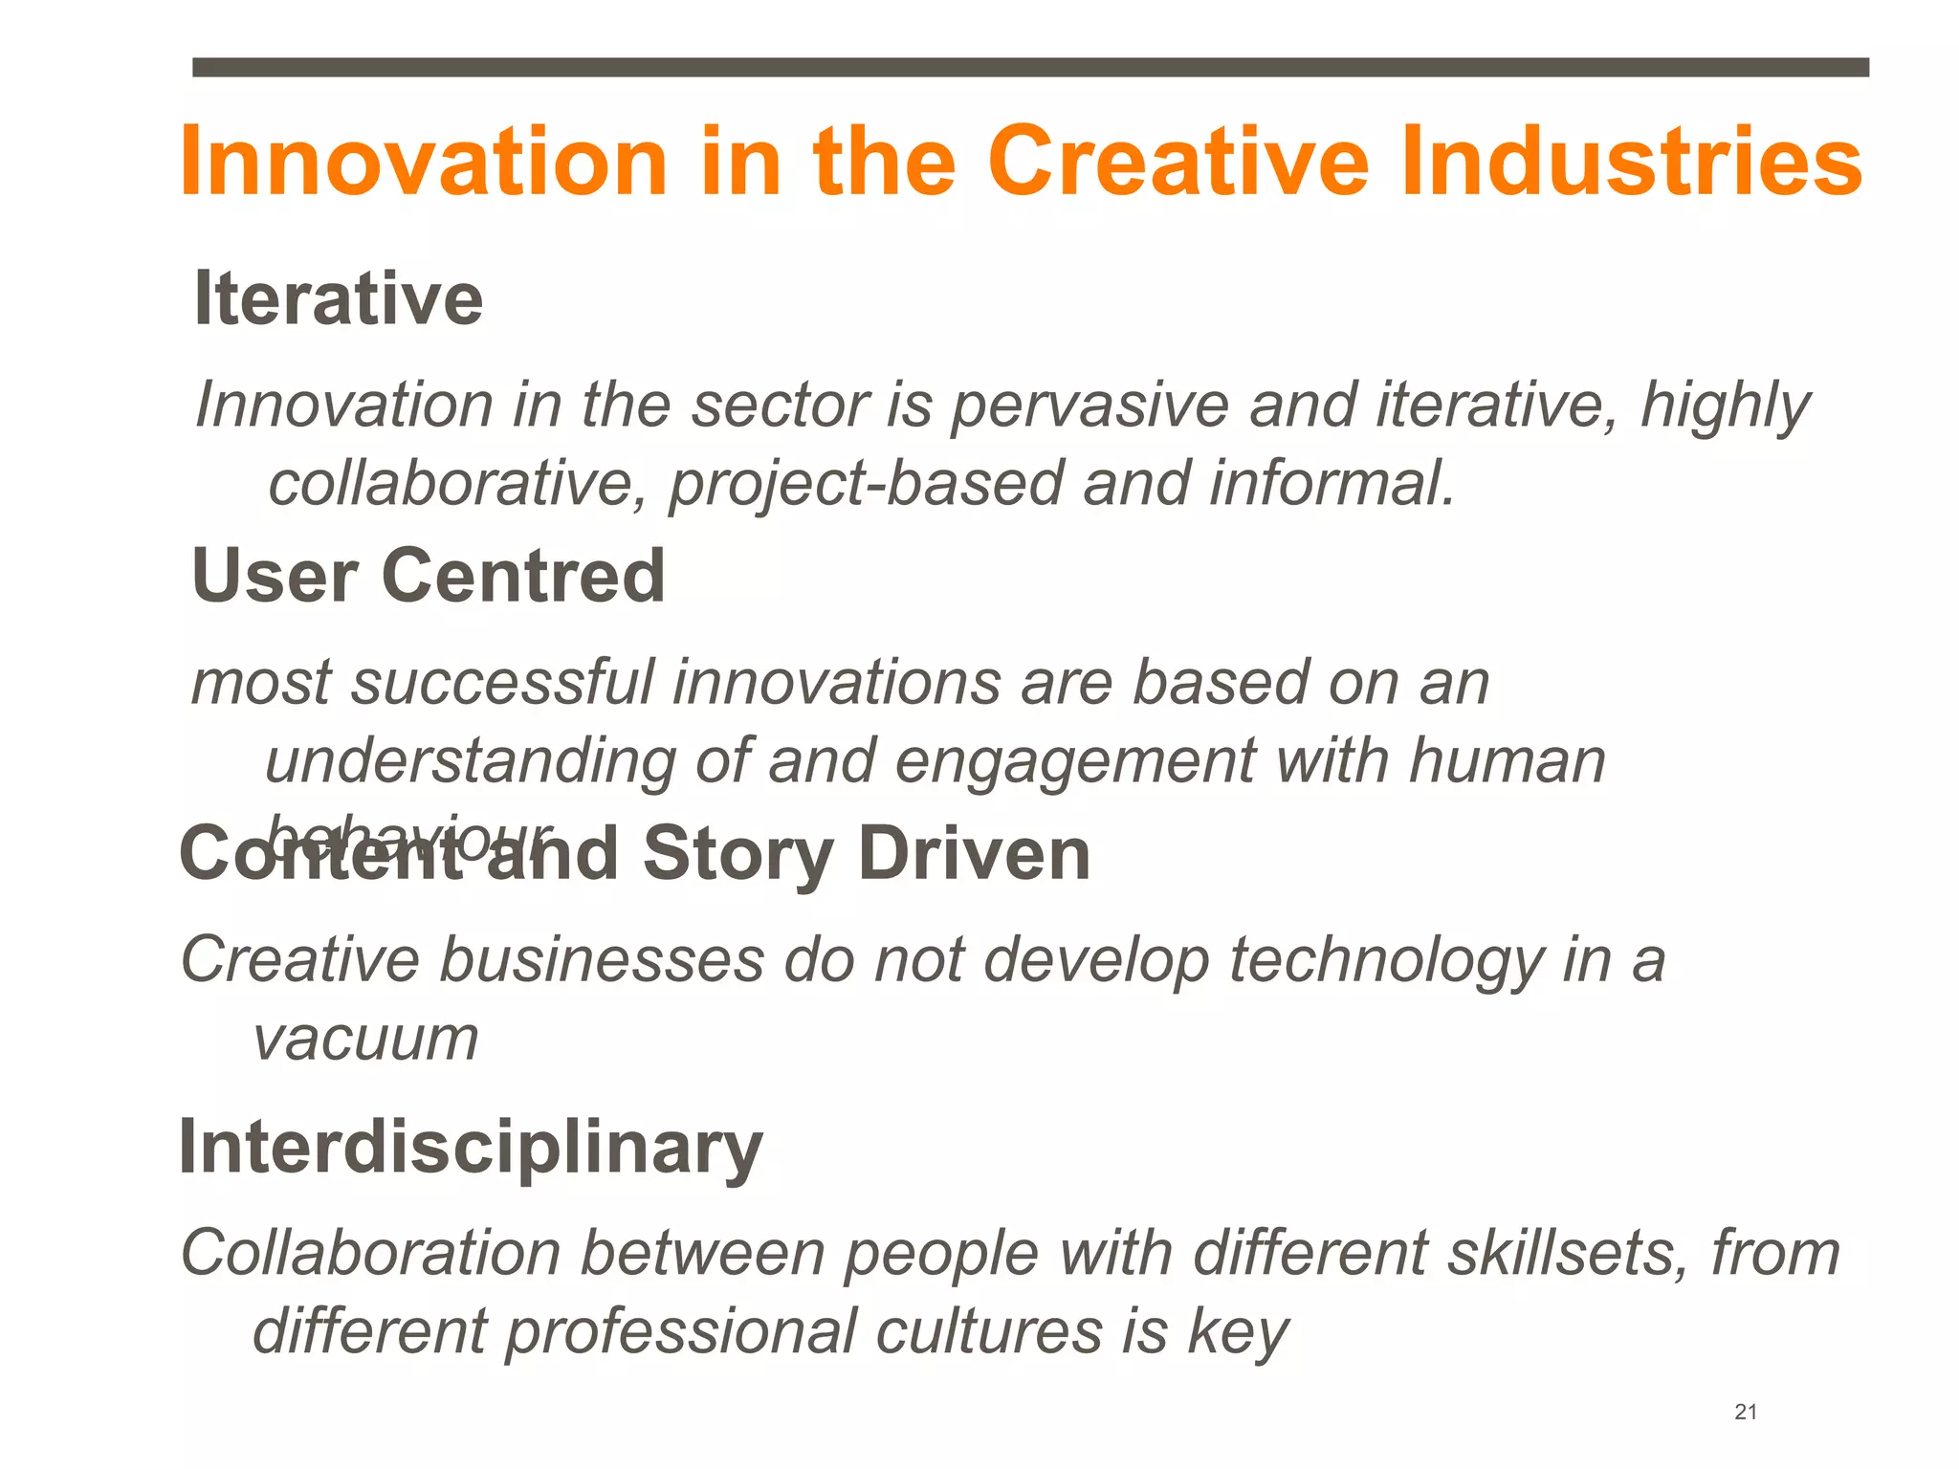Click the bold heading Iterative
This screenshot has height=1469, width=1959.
(x=339, y=299)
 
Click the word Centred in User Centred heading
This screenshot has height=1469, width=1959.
(x=523, y=577)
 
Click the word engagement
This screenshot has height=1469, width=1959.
(x=1075, y=763)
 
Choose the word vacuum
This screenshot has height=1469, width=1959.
(x=365, y=1040)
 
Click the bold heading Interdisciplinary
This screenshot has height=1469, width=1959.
(x=471, y=1148)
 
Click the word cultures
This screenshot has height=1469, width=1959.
(x=988, y=1332)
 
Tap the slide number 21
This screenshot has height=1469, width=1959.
(x=1746, y=1412)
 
